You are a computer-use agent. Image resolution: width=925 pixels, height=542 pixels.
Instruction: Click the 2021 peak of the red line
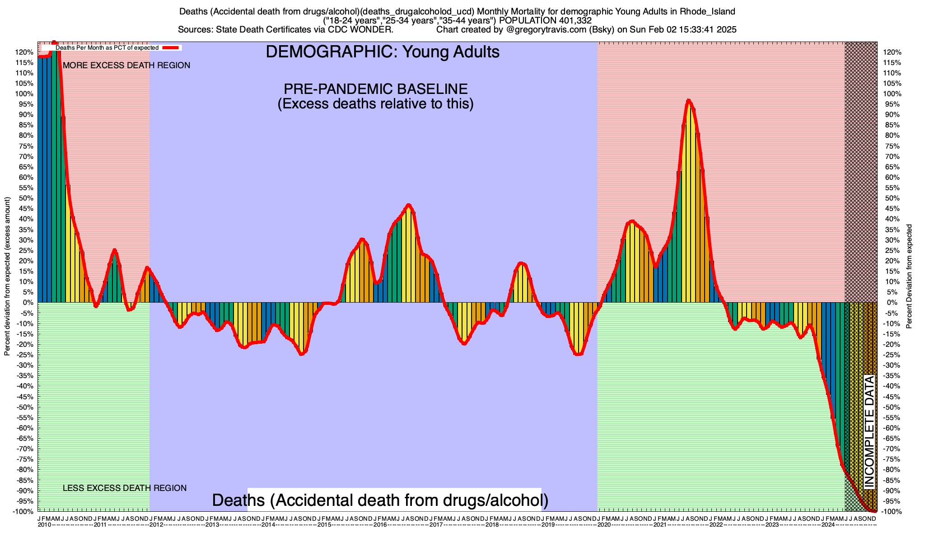tap(688, 100)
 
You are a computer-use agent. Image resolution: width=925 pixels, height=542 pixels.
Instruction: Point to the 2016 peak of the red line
tap(409, 205)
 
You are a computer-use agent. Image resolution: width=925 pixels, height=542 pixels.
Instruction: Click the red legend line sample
tap(171, 47)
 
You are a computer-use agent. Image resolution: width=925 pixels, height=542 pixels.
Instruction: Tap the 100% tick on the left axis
tap(25, 94)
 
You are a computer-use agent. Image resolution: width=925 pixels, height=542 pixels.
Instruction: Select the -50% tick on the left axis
tap(25, 407)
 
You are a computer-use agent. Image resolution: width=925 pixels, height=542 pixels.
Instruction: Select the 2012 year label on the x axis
tap(156, 525)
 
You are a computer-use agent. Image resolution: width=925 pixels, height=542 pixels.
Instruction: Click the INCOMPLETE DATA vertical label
tap(869, 432)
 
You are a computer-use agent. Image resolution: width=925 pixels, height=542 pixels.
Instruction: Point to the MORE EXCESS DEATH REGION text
tap(126, 65)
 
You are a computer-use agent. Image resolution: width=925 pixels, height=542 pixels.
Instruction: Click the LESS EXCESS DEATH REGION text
tap(125, 488)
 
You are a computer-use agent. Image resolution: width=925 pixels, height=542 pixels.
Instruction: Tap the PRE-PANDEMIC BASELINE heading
tap(375, 89)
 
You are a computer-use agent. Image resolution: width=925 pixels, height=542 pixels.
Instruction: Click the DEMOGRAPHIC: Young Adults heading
tap(383, 52)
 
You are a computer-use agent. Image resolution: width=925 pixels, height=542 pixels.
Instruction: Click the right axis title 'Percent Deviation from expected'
tap(909, 276)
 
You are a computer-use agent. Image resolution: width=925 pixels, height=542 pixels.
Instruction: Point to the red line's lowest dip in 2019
tap(579, 354)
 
